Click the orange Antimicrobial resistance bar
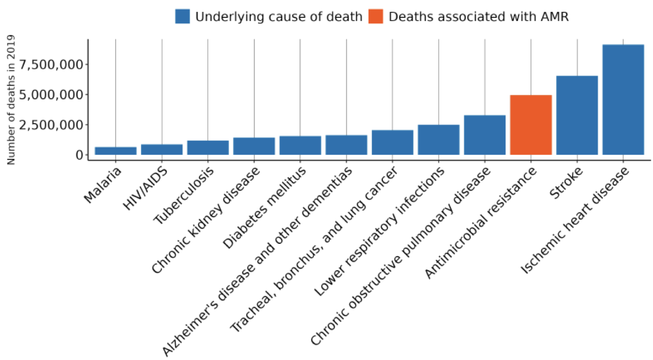pos(531,125)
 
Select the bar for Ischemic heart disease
pos(623,99)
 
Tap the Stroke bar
pos(577,115)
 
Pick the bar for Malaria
pos(116,151)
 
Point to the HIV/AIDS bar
pos(162,149)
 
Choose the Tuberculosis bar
pos(208,147)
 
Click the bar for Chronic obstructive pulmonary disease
pos(485,135)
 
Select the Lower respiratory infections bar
pos(438,140)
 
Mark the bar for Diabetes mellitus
pos(300,145)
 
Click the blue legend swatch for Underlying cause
pos(183,16)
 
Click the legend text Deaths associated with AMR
pos(479,16)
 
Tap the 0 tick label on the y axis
pos(78,155)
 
